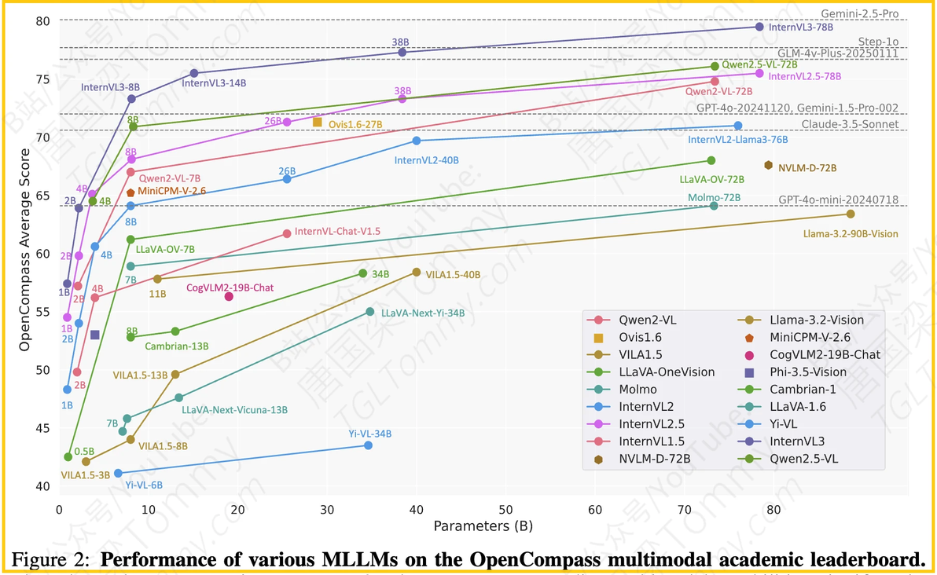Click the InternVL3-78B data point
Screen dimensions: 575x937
tap(759, 27)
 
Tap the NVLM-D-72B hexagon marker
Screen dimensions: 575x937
tap(768, 166)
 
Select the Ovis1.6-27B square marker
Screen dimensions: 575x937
tap(318, 122)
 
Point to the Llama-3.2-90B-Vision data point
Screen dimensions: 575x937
tap(851, 214)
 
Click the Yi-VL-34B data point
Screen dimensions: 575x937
tap(368, 445)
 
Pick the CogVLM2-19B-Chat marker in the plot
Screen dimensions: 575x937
tap(229, 296)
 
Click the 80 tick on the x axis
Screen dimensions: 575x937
tap(773, 509)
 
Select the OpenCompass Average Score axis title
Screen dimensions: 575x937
tap(24, 253)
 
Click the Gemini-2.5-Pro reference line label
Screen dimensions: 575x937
tap(859, 13)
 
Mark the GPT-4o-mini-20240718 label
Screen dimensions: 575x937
tap(839, 200)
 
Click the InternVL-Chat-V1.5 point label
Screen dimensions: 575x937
tap(337, 231)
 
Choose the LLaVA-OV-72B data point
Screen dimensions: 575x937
tap(711, 160)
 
